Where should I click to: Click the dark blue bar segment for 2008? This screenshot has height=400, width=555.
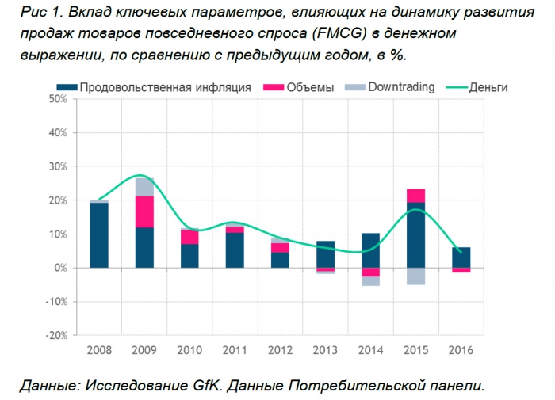coord(99,235)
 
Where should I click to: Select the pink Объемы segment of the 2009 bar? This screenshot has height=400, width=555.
coord(144,211)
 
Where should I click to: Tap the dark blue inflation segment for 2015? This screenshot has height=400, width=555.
coord(415,234)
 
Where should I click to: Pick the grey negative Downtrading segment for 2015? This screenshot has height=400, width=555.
coord(415,276)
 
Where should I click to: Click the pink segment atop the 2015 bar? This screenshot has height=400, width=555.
coord(415,195)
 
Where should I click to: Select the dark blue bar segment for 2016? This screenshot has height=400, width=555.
coord(461,257)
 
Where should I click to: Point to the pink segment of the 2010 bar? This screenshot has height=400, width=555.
coord(189,237)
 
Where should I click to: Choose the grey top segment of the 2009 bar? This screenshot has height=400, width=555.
coord(144,187)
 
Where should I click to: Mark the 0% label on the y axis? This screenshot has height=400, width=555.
coord(59,268)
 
